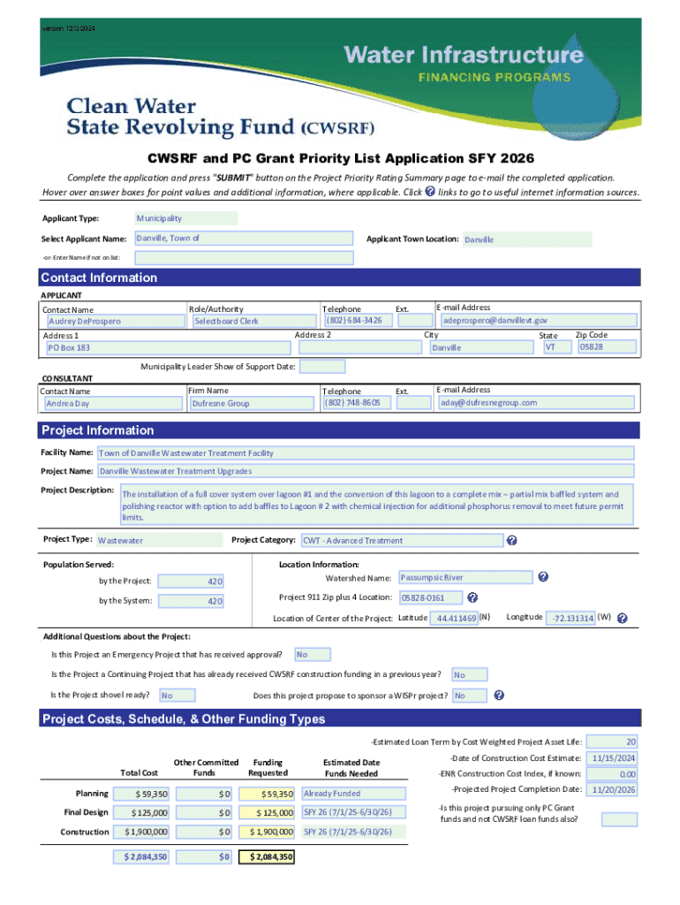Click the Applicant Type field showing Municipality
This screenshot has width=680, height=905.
[x=185, y=218]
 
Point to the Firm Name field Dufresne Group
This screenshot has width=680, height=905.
[x=252, y=403]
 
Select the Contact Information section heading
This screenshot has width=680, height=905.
[x=99, y=278]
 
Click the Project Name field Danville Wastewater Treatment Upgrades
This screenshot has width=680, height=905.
[x=364, y=471]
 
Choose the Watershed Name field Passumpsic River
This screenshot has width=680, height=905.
[x=465, y=577]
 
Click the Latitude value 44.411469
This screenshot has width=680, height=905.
[x=454, y=618]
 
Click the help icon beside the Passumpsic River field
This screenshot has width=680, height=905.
[x=543, y=577]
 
